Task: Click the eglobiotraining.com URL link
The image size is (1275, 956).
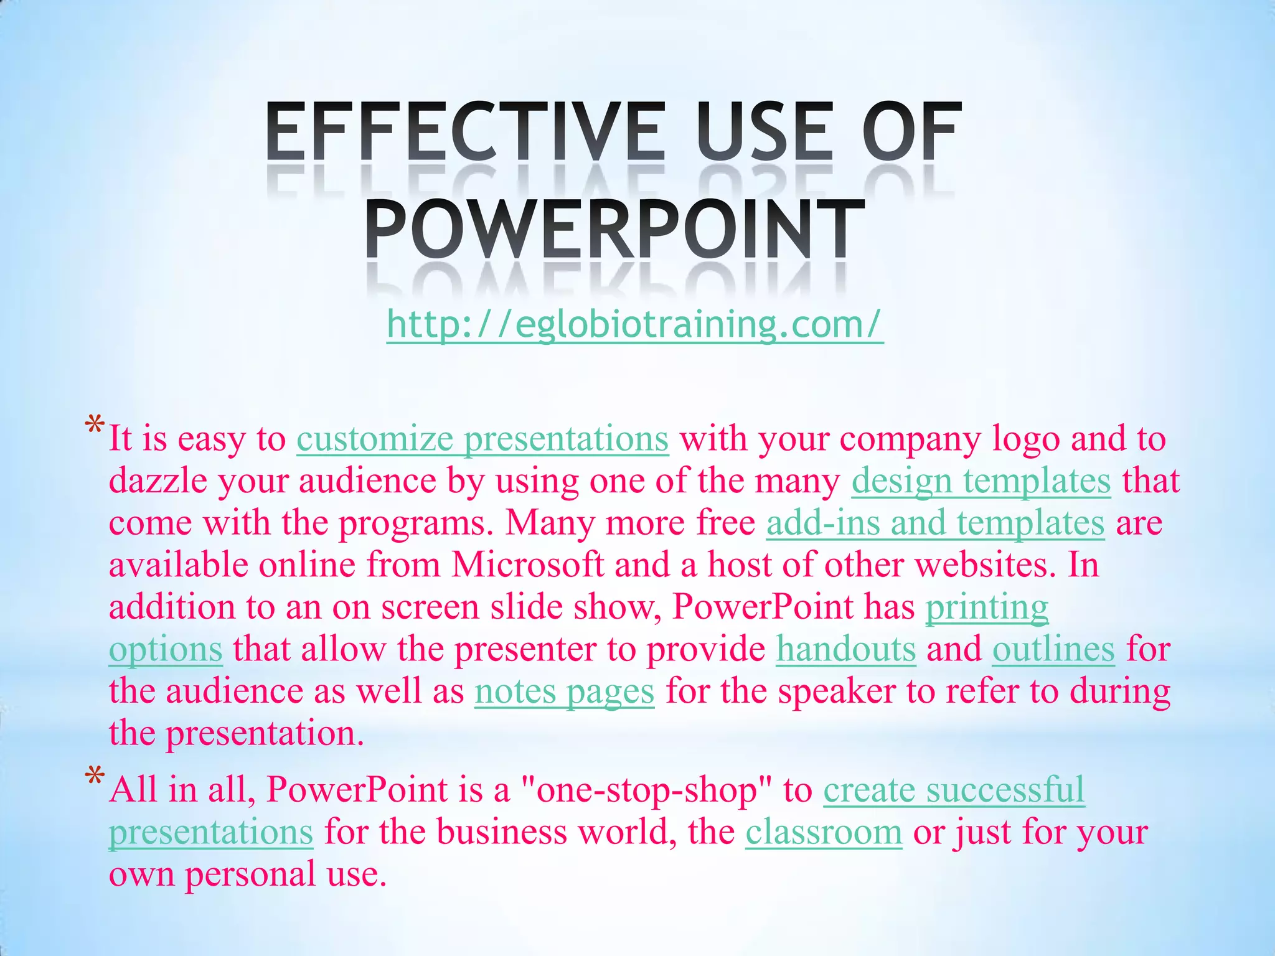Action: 634,324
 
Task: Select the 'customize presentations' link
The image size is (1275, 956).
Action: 482,439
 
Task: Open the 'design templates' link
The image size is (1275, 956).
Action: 981,481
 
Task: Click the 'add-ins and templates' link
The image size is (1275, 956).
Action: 935,523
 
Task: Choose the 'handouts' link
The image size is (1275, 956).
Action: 845,649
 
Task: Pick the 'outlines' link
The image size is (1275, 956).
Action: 1053,649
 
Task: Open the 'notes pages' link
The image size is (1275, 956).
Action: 564,691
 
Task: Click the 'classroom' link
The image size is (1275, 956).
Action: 824,832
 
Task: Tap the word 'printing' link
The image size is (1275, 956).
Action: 987,607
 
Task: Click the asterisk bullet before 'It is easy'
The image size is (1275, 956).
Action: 95,427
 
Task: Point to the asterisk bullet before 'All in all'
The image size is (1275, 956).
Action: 95,778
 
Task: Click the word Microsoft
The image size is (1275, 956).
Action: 527,565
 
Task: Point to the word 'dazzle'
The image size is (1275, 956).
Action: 158,481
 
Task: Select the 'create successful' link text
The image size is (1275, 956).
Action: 954,790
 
